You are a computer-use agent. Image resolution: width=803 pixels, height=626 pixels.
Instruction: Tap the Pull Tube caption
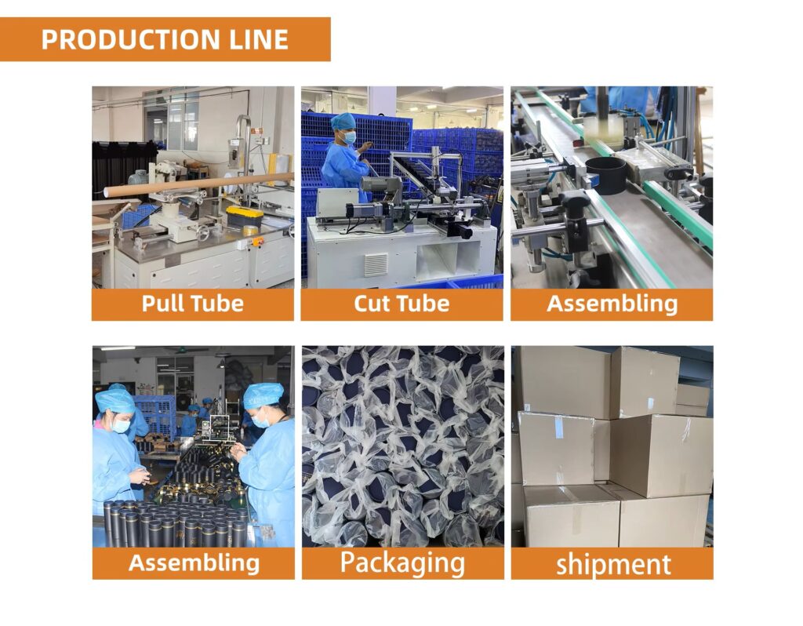(193, 304)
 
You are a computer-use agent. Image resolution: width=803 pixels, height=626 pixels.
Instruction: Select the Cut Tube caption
(401, 304)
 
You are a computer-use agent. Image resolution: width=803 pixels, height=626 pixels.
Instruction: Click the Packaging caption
(402, 563)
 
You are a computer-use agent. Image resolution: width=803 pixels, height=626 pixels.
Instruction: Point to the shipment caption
(613, 564)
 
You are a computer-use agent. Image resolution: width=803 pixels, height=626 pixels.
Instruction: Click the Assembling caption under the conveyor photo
(612, 304)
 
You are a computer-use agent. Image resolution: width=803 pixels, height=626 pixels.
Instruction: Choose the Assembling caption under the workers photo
(194, 562)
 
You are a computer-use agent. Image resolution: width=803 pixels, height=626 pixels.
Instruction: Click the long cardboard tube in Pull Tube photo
(198, 185)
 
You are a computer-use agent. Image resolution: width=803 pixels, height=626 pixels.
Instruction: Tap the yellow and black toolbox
(245, 217)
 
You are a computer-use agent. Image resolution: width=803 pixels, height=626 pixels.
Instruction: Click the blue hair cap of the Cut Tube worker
(343, 122)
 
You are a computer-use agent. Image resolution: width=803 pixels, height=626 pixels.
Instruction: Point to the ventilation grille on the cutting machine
(376, 264)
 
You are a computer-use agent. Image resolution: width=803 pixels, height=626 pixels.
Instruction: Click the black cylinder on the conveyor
(606, 176)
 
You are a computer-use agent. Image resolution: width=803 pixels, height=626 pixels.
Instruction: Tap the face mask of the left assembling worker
(121, 424)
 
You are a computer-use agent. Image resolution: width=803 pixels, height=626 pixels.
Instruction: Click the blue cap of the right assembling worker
(263, 395)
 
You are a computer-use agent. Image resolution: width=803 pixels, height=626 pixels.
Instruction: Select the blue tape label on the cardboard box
(559, 428)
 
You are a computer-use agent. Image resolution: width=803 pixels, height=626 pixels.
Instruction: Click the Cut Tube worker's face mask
(349, 137)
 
